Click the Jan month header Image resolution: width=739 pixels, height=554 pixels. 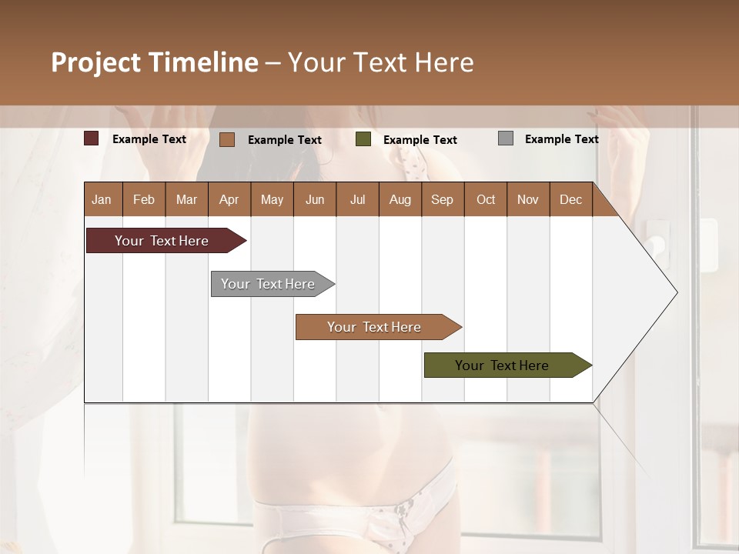(102, 200)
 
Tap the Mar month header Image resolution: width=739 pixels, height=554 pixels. (186, 200)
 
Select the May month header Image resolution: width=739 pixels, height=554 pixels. (272, 200)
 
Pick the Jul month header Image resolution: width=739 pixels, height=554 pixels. (357, 200)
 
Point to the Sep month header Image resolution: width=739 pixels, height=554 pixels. (442, 200)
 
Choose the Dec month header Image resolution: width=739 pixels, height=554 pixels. (570, 200)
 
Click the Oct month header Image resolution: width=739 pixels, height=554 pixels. (486, 200)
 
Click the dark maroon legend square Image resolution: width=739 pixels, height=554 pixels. (92, 138)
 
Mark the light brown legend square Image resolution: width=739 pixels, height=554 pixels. (227, 139)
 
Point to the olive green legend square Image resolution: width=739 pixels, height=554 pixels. (363, 139)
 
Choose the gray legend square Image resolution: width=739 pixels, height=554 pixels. (506, 138)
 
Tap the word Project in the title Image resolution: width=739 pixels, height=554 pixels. (95, 62)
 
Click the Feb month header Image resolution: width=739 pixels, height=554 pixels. (144, 200)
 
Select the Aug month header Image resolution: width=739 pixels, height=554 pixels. (400, 200)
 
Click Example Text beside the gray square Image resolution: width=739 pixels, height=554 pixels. (561, 139)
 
